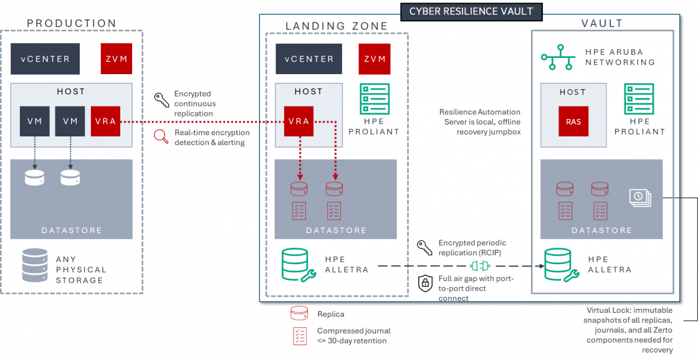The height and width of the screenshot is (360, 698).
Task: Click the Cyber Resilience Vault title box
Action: [x=472, y=11]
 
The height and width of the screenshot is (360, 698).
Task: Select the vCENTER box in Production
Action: [x=45, y=59]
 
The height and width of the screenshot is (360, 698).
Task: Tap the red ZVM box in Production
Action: [x=117, y=59]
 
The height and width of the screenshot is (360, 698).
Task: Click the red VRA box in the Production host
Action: [x=105, y=121]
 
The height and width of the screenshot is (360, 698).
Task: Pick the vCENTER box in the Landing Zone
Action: [x=308, y=59]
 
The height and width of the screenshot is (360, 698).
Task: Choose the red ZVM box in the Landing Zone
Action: [x=375, y=59]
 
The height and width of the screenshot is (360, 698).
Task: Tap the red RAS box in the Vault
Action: [x=573, y=121]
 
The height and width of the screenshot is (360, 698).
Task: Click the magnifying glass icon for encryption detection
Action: [x=161, y=137]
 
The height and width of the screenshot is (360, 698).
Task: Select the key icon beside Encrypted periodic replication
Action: [x=425, y=247]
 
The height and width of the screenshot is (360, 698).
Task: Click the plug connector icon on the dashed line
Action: [x=477, y=266]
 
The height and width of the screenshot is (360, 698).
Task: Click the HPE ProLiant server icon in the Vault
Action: [x=639, y=99]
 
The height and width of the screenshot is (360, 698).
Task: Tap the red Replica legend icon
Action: [x=300, y=313]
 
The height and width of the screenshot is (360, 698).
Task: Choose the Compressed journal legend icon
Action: [x=300, y=336]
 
